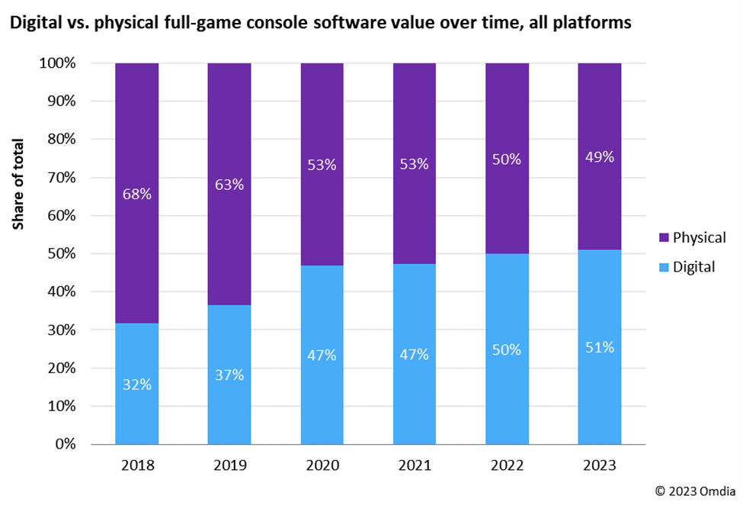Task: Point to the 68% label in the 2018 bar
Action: pyautogui.click(x=137, y=194)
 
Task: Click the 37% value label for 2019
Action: pyautogui.click(x=229, y=375)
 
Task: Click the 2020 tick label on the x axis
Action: pyautogui.click(x=322, y=465)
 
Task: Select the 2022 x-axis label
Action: pyautogui.click(x=508, y=465)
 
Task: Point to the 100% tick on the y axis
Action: pyautogui.click(x=58, y=63)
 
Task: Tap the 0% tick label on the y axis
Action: pyautogui.click(x=65, y=444)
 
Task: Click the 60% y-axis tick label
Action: pyautogui.click(x=62, y=216)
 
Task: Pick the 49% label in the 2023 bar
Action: pyautogui.click(x=600, y=157)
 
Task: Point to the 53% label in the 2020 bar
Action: pyautogui.click(x=322, y=165)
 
